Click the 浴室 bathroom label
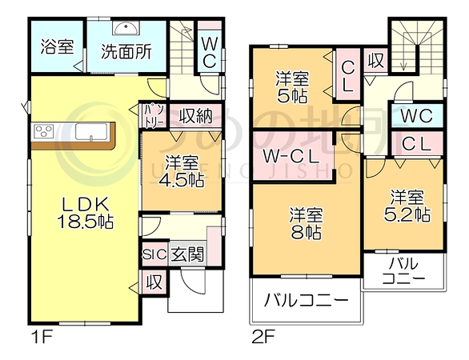[57, 46]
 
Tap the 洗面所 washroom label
[126, 52]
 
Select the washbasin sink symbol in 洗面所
[126, 29]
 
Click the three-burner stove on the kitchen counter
[44, 131]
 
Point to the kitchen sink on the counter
[91, 131]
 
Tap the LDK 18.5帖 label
[85, 213]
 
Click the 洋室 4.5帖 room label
[181, 171]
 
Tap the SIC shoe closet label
[154, 254]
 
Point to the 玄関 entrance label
[187, 255]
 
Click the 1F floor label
[42, 338]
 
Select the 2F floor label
[263, 338]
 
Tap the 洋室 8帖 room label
[306, 224]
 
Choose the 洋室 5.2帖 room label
[407, 206]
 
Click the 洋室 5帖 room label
[292, 87]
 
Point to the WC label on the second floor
[417, 115]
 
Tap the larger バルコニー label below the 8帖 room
[306, 299]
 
